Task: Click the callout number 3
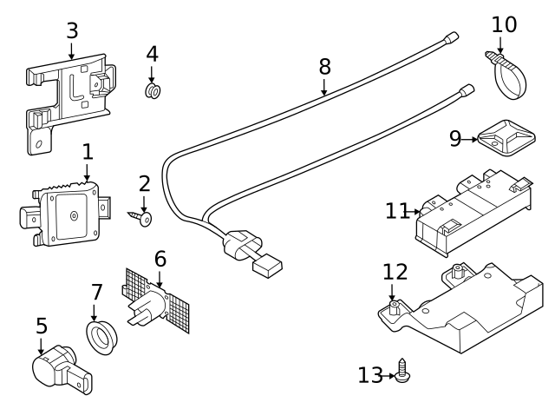tap(72, 30)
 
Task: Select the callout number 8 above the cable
tap(324, 66)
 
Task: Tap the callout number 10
tap(503, 24)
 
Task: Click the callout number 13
tap(370, 375)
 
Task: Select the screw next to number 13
tap(402, 373)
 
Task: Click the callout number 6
tap(160, 259)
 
